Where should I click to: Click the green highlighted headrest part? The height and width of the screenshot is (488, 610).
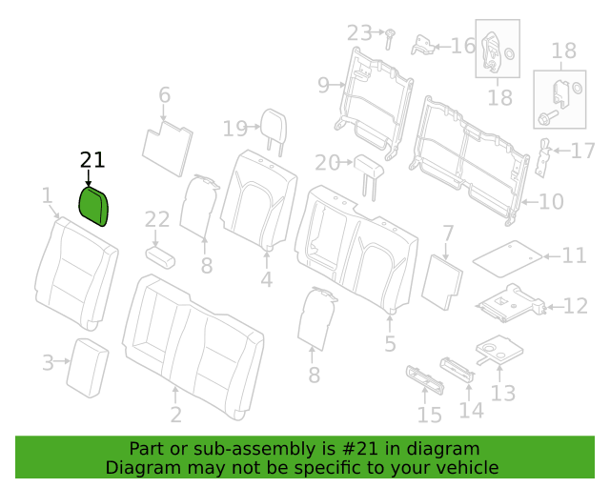click(93, 206)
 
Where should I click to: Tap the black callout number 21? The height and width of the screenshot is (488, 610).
click(92, 160)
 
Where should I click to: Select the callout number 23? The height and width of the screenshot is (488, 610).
click(359, 32)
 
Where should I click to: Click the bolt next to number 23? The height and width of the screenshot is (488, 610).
click(389, 39)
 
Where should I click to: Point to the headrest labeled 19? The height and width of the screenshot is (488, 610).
click(274, 129)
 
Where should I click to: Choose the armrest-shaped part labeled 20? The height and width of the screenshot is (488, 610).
click(369, 172)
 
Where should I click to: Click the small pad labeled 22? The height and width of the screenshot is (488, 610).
click(160, 256)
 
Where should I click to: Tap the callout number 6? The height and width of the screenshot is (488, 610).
click(165, 94)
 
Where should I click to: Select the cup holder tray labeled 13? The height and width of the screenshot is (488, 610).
click(499, 349)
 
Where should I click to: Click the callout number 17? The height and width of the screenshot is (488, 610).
click(582, 151)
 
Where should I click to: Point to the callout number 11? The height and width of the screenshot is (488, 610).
click(574, 255)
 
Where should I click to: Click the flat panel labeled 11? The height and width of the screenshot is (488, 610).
click(507, 258)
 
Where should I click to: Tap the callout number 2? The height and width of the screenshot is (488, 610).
click(175, 415)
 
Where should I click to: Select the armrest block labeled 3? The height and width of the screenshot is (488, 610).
click(88, 368)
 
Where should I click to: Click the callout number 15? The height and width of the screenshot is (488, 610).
click(430, 415)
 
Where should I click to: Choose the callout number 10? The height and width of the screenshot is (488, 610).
click(551, 201)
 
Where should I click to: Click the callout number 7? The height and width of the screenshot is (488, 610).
click(449, 234)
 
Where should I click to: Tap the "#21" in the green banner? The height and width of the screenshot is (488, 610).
click(360, 449)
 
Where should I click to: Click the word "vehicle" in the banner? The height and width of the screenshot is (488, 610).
click(472, 467)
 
